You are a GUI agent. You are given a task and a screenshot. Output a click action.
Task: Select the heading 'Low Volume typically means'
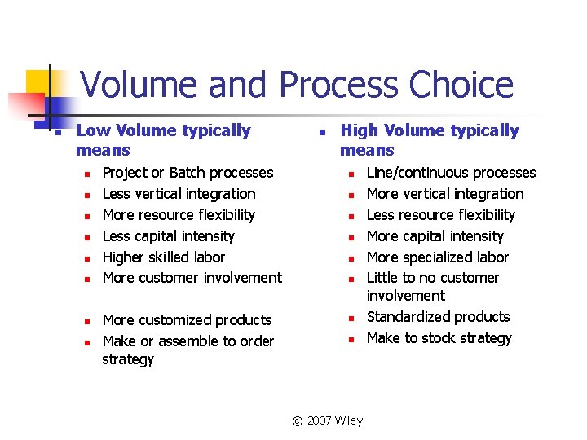(163, 140)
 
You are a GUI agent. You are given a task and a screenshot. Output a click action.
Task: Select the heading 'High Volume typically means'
(429, 140)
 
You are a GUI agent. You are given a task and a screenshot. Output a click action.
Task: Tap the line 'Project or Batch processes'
(188, 173)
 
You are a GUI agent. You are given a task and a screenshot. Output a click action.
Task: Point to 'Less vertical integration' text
(179, 194)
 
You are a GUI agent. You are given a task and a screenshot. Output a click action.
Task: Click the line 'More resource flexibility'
(179, 215)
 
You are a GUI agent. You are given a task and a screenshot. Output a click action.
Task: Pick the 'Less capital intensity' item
(168, 236)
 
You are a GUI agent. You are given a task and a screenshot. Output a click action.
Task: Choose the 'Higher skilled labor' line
(163, 257)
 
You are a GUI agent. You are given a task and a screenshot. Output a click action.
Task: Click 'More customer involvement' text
(192, 278)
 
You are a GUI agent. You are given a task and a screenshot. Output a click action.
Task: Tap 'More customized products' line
(187, 320)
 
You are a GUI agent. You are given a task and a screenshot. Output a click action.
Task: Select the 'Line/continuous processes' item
(451, 173)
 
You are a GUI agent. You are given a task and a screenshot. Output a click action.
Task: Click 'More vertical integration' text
(445, 194)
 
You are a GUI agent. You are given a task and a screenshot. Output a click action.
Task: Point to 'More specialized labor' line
(437, 257)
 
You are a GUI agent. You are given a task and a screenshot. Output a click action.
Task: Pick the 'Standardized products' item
(438, 317)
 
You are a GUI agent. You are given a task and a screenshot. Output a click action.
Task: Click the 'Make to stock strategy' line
(439, 338)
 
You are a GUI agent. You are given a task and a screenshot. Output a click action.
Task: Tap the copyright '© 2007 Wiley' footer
(327, 420)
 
